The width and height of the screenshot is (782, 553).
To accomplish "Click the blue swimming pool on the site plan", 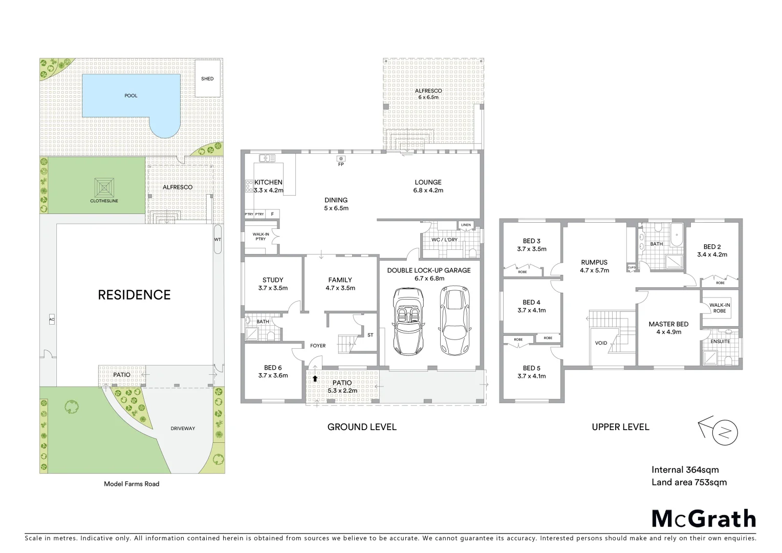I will [131, 96].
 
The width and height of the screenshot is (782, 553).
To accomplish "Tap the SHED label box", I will [207, 78].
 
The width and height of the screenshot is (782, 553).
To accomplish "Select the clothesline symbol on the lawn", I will [104, 187].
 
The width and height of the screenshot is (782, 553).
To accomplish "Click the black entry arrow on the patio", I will [315, 378].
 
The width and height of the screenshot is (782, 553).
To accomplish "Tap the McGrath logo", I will [703, 518].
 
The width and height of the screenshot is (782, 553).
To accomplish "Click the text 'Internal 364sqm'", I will [685, 470].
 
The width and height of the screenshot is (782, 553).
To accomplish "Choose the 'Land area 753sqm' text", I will [689, 482].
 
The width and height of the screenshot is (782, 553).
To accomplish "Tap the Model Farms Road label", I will [132, 484].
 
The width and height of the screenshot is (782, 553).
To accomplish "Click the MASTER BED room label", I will [668, 324].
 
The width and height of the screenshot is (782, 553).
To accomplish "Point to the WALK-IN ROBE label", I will [720, 308].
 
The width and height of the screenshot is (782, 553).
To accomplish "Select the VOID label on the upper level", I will [601, 343].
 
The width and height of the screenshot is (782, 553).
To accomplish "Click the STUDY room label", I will [273, 280].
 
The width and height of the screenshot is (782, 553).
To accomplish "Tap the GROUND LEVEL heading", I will [362, 427].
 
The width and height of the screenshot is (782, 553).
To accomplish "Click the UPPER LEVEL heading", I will [620, 427].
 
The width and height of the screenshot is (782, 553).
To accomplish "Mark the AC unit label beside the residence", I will [52, 320].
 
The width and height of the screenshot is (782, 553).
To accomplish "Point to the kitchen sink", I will [267, 158].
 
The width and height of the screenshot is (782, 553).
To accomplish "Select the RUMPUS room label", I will [594, 262].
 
